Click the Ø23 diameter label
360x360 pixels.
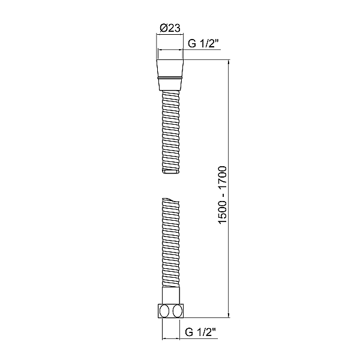click(x=170, y=27)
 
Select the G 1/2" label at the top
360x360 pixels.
click(x=205, y=43)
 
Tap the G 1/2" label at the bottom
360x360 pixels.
click(x=201, y=331)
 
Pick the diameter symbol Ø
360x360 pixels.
click(x=164, y=27)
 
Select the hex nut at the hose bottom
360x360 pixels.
click(x=170, y=311)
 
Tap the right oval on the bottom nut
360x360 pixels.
click(x=176, y=311)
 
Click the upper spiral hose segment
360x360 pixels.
click(x=170, y=129)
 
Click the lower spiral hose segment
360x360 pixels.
click(x=170, y=246)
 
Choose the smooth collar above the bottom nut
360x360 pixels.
click(x=170, y=298)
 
